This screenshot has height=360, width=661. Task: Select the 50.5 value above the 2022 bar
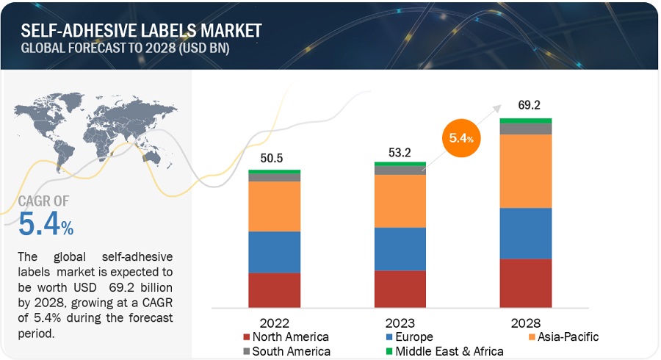pos(274,157)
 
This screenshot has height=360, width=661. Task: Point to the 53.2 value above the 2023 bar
pos(400,151)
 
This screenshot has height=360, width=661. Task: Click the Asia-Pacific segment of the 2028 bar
pos(525,171)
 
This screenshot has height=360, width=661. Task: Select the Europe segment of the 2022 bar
pos(274,252)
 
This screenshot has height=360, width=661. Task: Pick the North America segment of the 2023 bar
pos(400,289)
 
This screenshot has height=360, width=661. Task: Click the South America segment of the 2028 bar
pos(525,129)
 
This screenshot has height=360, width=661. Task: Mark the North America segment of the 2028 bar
pos(525,283)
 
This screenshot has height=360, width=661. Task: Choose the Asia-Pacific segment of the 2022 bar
pos(274,206)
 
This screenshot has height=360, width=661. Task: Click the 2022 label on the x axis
pos(274,323)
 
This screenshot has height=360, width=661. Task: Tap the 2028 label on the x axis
pos(525,323)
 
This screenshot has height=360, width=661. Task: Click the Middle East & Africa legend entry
pos(445,351)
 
